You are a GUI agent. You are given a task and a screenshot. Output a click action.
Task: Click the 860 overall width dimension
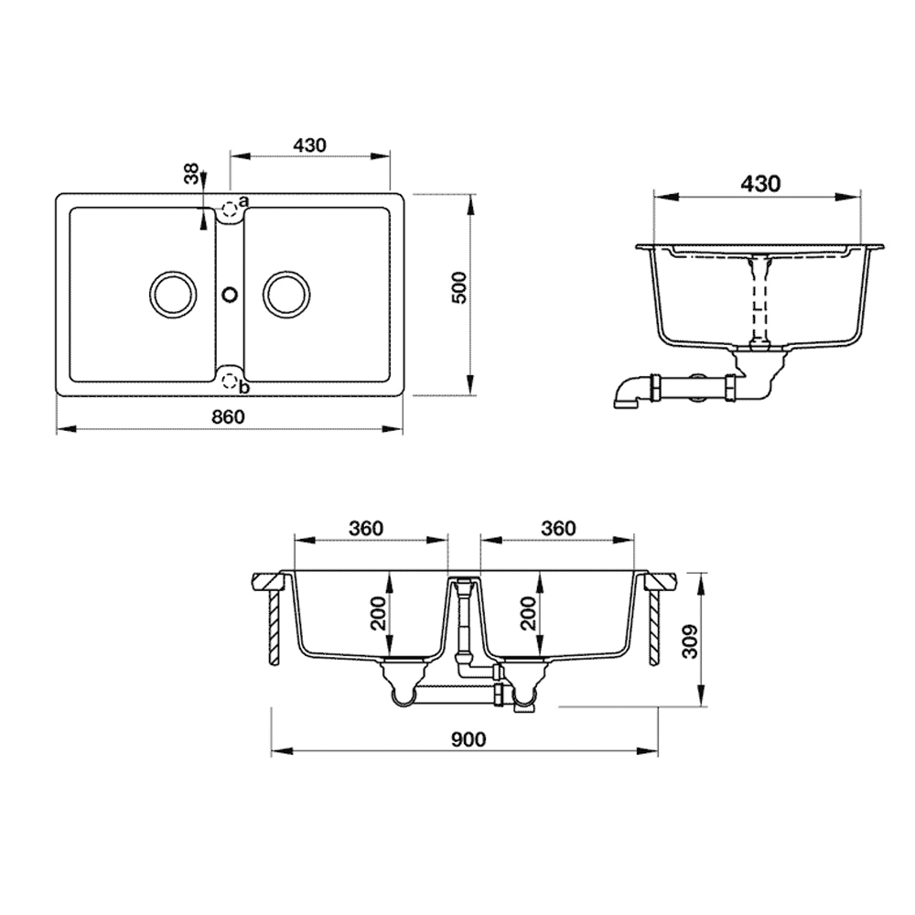[x=230, y=416]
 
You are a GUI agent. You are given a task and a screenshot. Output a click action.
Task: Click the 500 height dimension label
[x=459, y=288]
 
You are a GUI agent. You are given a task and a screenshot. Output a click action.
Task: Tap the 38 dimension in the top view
[x=190, y=175]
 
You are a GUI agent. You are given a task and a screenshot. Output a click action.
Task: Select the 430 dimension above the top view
[x=310, y=145]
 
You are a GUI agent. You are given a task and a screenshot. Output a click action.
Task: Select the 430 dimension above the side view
[x=759, y=183]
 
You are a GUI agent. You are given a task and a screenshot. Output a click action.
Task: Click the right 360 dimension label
[x=558, y=528]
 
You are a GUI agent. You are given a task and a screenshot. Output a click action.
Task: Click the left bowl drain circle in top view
[x=171, y=294]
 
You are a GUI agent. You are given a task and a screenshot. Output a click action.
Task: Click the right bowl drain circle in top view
[x=286, y=294]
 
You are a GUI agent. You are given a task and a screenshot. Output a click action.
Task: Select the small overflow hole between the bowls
[x=230, y=295]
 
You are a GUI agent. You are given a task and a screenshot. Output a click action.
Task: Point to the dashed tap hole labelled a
[x=229, y=208]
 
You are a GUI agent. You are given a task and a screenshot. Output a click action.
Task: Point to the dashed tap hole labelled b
[x=229, y=382]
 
